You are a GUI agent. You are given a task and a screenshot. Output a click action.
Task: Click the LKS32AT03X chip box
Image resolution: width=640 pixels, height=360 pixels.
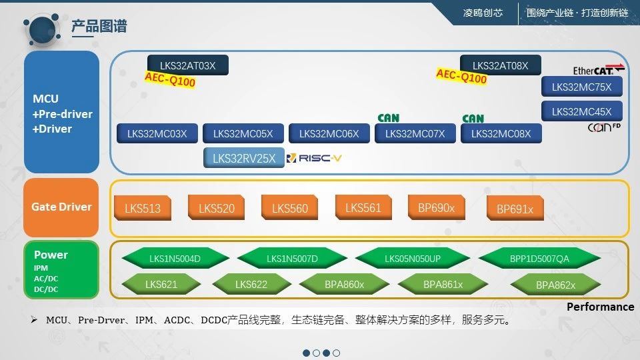[x=187, y=65]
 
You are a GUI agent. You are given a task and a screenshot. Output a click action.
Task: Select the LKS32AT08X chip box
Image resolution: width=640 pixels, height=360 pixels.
[x=500, y=65]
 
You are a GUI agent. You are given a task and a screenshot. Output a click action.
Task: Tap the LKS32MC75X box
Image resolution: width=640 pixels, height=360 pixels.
[x=581, y=87]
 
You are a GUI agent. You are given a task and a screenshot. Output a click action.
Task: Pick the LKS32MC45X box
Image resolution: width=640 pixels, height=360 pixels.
[x=581, y=111]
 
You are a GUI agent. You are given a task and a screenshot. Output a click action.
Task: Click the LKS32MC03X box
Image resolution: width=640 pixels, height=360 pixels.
[x=157, y=133]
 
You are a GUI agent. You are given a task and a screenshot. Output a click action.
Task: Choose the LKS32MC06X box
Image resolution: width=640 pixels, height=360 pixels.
[x=329, y=133]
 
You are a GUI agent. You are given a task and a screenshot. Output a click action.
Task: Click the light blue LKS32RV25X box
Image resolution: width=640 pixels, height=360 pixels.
[x=243, y=158]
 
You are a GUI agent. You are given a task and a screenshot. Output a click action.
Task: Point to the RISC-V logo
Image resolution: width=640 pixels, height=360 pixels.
[x=315, y=158]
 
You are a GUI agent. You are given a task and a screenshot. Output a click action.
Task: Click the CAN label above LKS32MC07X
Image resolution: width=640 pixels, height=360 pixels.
[x=388, y=118]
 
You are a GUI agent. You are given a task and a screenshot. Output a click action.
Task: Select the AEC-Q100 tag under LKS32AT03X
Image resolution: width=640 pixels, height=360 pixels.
[x=170, y=81]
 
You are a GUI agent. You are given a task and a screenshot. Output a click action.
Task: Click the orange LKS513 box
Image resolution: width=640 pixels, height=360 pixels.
[x=143, y=208]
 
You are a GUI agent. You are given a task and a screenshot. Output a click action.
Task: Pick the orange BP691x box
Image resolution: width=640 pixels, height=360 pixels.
[x=515, y=209]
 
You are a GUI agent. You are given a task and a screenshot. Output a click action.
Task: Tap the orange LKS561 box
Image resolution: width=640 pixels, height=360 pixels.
[x=363, y=207]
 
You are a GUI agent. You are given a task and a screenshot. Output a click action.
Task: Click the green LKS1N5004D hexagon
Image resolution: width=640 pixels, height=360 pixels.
[x=175, y=259]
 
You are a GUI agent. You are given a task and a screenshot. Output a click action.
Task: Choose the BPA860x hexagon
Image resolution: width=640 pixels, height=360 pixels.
[x=344, y=285]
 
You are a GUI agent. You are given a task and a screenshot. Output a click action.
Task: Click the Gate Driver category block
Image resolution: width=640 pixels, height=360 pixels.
[x=61, y=207]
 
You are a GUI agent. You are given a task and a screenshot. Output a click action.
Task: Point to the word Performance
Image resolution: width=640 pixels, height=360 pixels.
[x=600, y=307]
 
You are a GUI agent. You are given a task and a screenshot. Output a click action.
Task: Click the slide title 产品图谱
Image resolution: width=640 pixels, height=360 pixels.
[x=99, y=27]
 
